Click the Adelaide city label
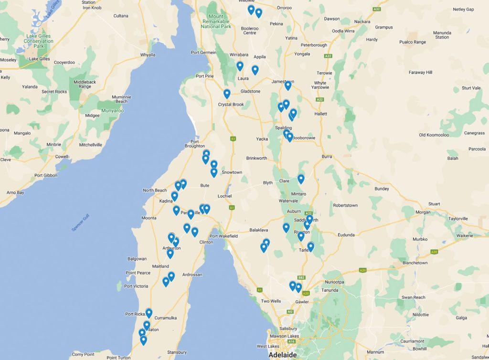(x=282, y=355)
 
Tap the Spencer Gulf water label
(x=80, y=223)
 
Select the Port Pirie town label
(x=204, y=76)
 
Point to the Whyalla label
(x=148, y=55)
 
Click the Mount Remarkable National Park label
(x=216, y=21)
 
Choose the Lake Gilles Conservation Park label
(x=39, y=41)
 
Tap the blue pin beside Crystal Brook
(x=227, y=94)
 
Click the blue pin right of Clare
(x=301, y=179)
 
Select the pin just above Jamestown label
(x=288, y=85)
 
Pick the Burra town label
(x=327, y=156)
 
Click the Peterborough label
(x=314, y=45)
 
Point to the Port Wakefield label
(x=223, y=236)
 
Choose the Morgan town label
(x=423, y=212)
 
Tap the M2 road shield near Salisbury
(x=290, y=312)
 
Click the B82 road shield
(x=301, y=277)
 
